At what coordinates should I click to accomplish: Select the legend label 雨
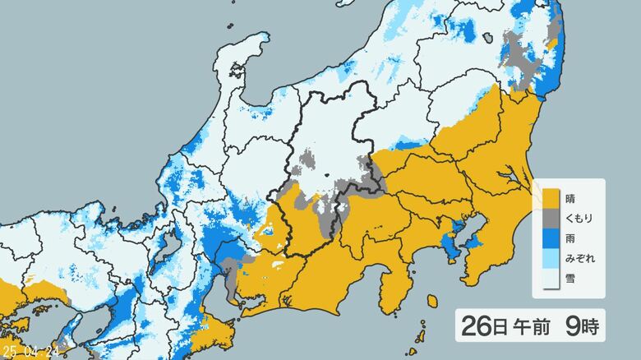click(571, 239)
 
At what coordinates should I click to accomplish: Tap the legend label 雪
click(571, 279)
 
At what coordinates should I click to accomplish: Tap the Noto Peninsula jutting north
click(247, 58)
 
